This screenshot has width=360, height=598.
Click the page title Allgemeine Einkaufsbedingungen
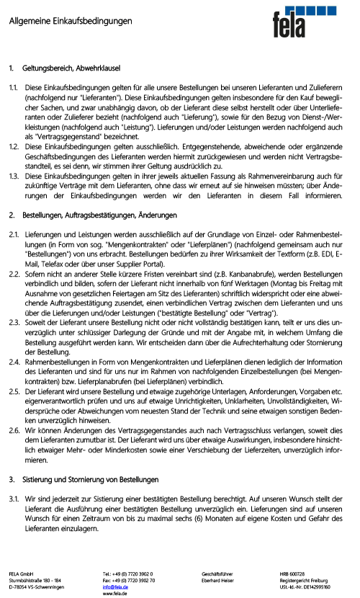pos(71,22)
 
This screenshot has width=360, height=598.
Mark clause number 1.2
pos(14,146)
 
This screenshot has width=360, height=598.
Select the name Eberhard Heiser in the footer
pos(220,581)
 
